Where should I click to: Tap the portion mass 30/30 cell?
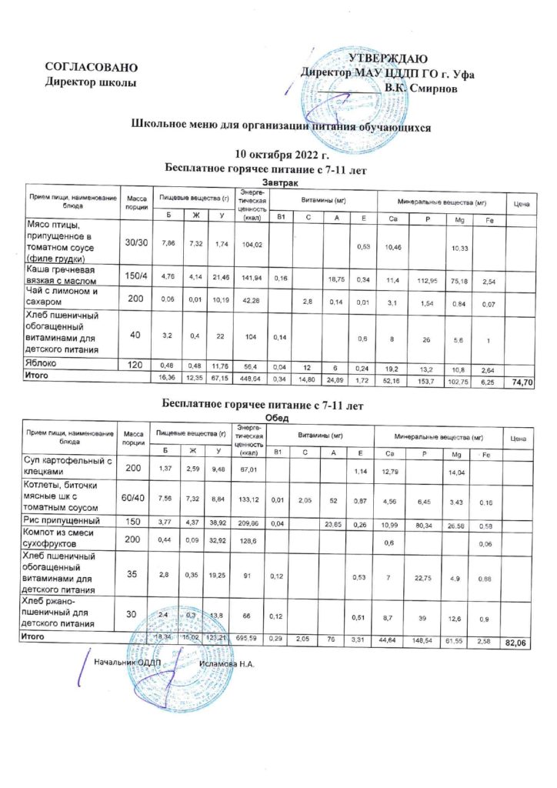tap(138, 242)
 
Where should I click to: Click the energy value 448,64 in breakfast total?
tap(251, 379)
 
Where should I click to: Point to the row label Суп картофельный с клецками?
tap(69, 466)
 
